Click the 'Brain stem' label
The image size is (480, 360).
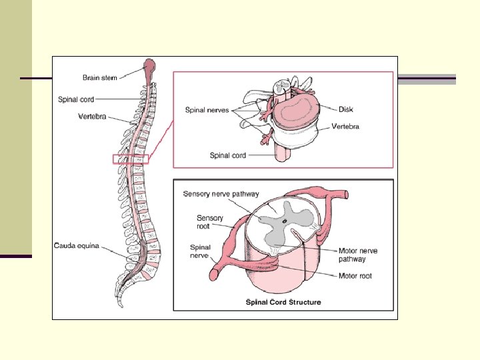(100, 78)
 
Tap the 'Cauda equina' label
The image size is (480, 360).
(77, 246)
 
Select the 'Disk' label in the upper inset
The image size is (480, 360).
(346, 109)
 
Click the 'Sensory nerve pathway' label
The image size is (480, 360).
(221, 194)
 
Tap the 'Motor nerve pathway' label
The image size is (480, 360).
(358, 255)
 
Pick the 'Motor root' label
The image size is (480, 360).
(355, 275)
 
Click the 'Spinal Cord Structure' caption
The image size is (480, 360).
(283, 302)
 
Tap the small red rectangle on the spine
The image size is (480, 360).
(131, 159)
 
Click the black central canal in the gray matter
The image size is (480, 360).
(285, 219)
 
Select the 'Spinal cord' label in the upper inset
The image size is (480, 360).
(228, 155)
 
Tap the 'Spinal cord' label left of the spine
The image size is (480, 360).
(76, 99)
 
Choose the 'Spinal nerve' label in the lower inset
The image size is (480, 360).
(200, 251)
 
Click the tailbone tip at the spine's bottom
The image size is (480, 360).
(121, 305)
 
